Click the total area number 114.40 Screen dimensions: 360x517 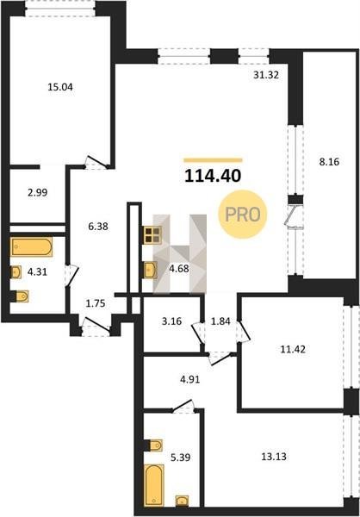tap(213, 176)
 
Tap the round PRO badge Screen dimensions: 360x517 tap(243, 215)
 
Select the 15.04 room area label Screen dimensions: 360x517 tap(60, 87)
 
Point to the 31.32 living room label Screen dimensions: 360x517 tap(266, 75)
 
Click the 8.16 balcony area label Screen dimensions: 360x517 tap(329, 162)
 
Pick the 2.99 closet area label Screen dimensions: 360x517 tap(37, 192)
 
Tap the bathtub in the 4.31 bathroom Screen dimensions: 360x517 tap(32, 246)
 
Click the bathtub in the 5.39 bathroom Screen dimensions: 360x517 tap(154, 484)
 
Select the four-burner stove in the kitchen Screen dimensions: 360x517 tap(152, 235)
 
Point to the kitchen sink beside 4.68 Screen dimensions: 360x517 tap(151, 270)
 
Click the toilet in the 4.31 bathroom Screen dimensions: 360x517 tap(20, 296)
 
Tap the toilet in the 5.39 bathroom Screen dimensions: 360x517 tap(153, 445)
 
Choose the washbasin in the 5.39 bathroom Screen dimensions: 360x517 tap(182, 501)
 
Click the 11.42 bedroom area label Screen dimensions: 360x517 tap(293, 349)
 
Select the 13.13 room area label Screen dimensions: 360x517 tap(274, 457)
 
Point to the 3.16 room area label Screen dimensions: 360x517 tap(171, 321)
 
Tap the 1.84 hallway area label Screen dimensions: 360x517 tap(220, 321)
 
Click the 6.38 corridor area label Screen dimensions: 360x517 tap(98, 227)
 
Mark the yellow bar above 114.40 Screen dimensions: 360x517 tap(213, 160)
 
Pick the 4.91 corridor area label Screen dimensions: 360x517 tap(189, 379)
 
